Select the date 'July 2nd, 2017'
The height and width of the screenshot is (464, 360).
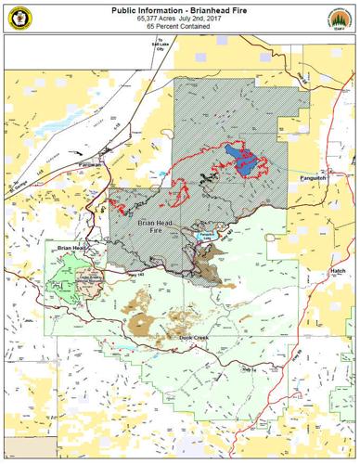click(203, 18)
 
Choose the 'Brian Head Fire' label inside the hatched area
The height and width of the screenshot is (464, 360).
click(156, 227)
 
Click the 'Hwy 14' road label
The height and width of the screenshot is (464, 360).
click(247, 369)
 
